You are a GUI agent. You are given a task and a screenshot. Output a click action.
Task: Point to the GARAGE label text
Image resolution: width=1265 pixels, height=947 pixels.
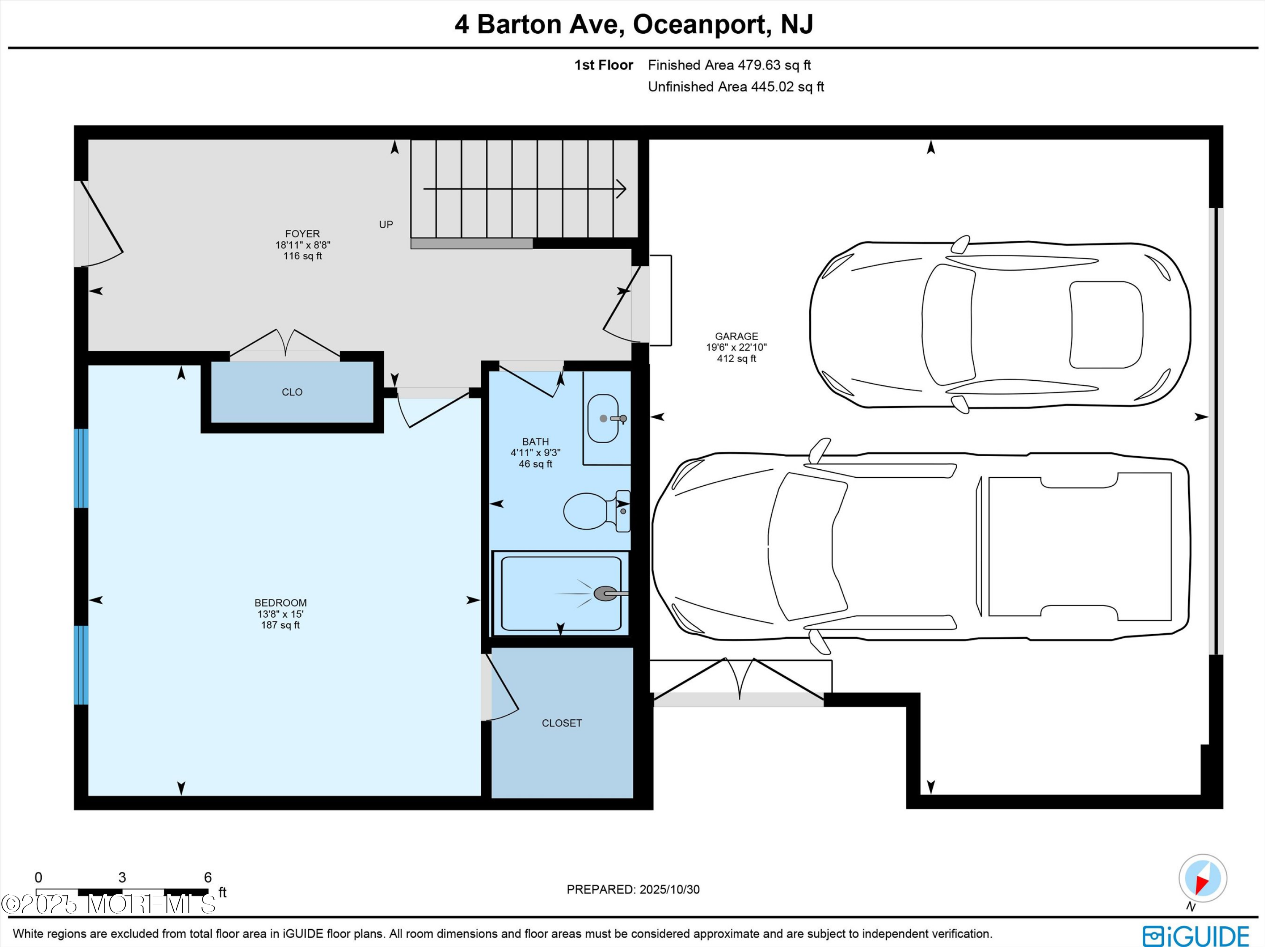pyautogui.click(x=736, y=336)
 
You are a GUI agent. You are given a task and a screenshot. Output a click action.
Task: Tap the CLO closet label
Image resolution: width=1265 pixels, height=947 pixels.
pyautogui.click(x=292, y=392)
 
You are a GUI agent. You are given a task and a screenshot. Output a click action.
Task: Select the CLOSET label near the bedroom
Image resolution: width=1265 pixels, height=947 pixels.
pyautogui.click(x=562, y=723)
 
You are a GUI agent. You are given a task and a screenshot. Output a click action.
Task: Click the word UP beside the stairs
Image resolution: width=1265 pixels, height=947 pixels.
pyautogui.click(x=386, y=225)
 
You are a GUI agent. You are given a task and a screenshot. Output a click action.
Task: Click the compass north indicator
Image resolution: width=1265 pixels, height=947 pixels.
pyautogui.click(x=1203, y=878)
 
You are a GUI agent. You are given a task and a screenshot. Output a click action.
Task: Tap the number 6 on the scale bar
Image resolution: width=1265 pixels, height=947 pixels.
pyautogui.click(x=207, y=877)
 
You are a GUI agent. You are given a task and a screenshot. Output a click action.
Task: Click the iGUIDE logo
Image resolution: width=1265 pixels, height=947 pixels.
pyautogui.click(x=1195, y=936)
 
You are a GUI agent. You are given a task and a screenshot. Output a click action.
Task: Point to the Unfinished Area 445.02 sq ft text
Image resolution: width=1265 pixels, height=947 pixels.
pyautogui.click(x=735, y=87)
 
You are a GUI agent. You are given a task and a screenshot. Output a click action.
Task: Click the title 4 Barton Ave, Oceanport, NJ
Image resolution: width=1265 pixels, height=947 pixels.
pyautogui.click(x=634, y=24)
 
